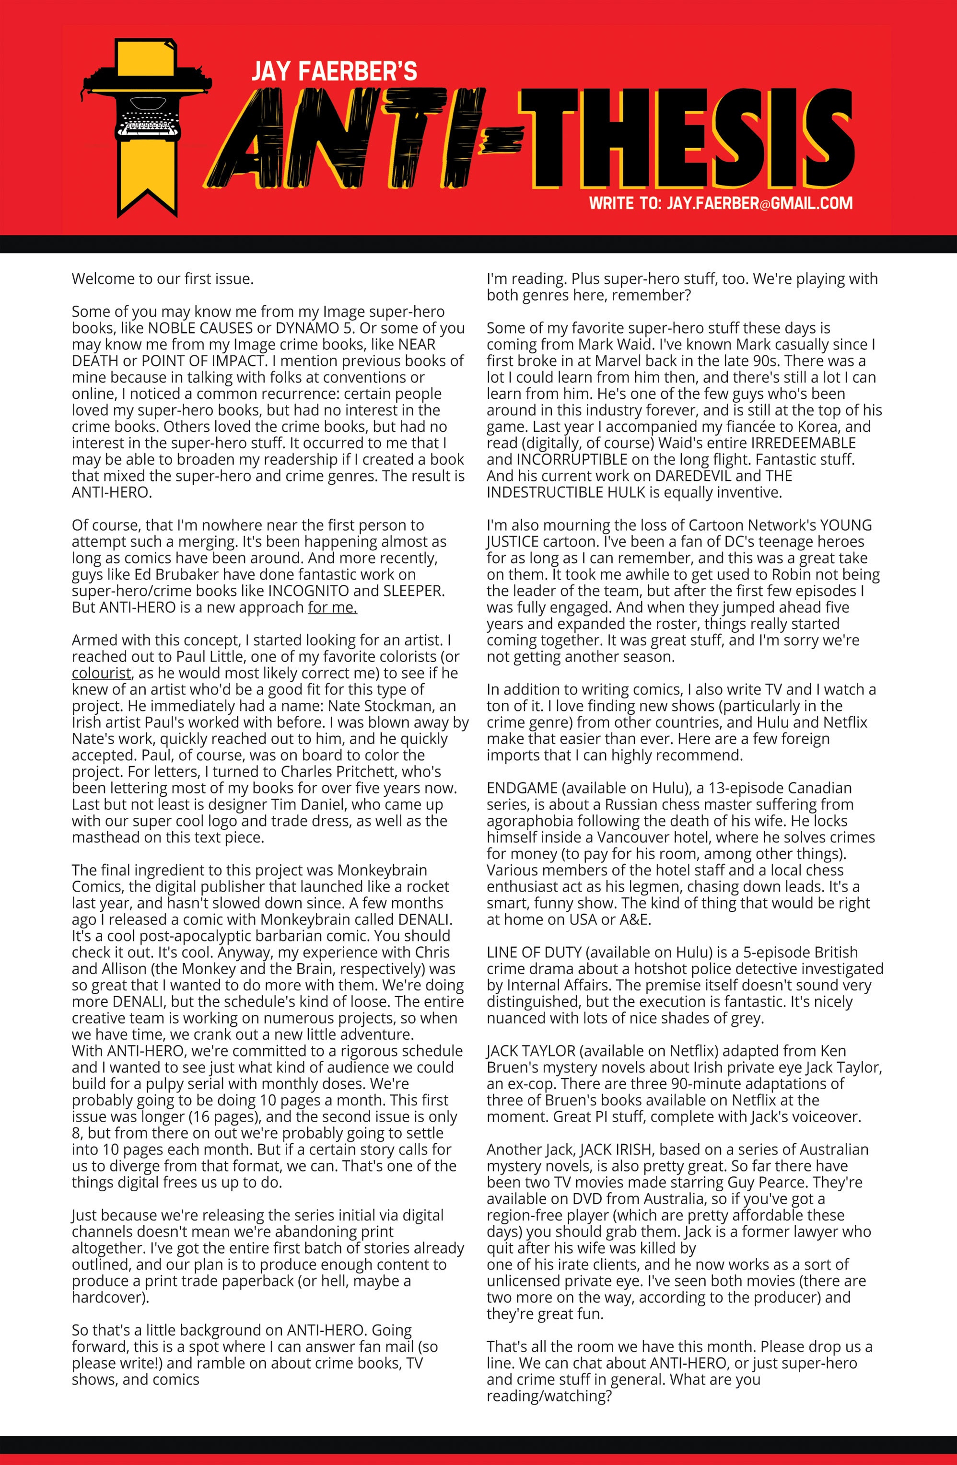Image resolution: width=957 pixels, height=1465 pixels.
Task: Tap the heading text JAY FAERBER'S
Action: [x=334, y=72]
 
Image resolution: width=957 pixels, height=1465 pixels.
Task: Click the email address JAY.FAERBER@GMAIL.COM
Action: [x=759, y=203]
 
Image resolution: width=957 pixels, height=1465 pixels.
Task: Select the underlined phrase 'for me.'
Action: [x=333, y=607]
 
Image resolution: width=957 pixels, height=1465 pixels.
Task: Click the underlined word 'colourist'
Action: [x=101, y=674]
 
